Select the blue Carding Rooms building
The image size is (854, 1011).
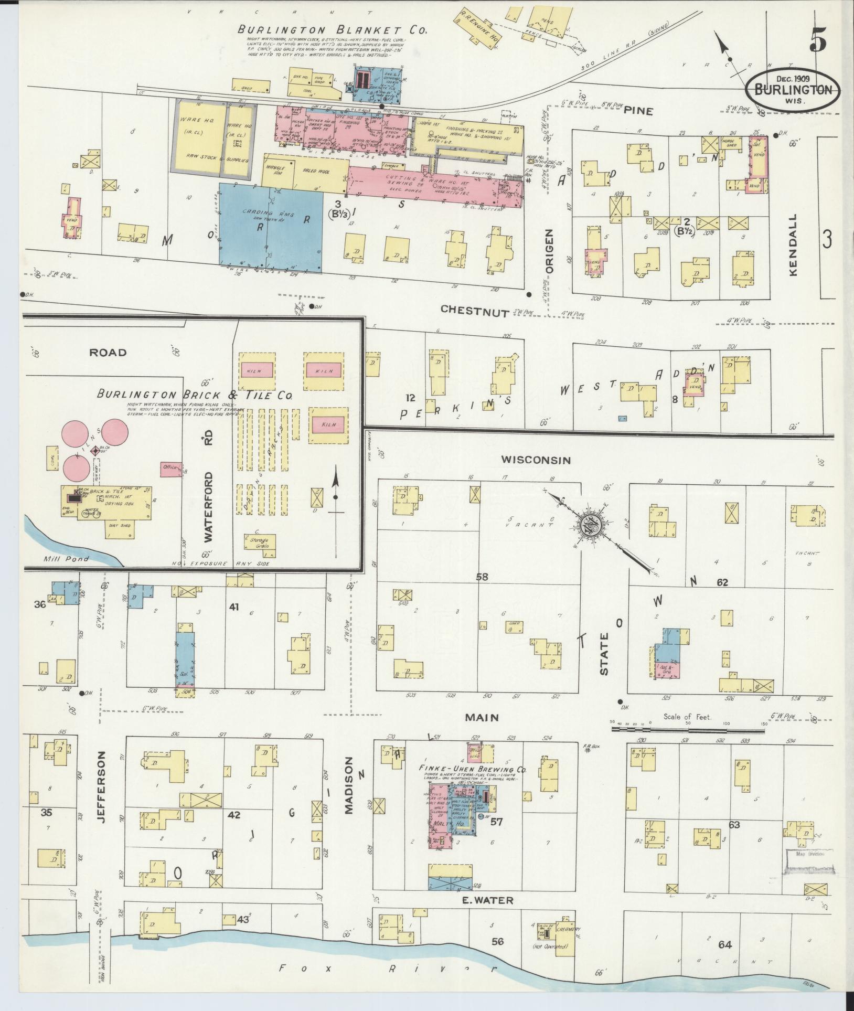[x=271, y=227]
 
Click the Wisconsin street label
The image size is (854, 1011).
[x=535, y=460]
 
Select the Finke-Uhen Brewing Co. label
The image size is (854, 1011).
[x=472, y=769]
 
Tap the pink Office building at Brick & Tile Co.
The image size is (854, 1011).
[x=171, y=467]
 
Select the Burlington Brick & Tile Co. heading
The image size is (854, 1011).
[x=194, y=395]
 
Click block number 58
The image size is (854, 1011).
[x=482, y=577]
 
